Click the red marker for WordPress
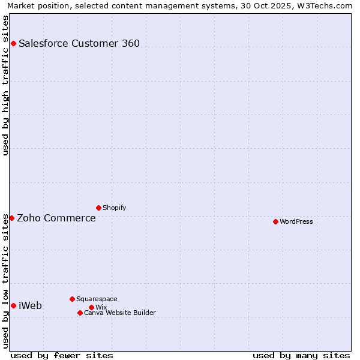point(275,221)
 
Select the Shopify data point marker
point(98,208)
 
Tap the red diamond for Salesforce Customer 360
point(13,43)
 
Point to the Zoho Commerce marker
point(11,218)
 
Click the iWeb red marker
point(13,305)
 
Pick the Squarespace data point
point(72,299)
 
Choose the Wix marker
point(91,307)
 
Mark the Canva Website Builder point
point(80,313)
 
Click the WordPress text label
point(296,221)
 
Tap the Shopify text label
point(114,208)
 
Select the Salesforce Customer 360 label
point(79,43)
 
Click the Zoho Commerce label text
point(56,218)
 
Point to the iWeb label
point(30,305)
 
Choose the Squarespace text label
point(97,299)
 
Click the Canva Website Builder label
point(120,313)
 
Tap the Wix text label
point(101,307)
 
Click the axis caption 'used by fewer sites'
point(62,355)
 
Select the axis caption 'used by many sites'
point(301,355)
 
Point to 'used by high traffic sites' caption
point(6,85)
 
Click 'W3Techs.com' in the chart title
point(327,6)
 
